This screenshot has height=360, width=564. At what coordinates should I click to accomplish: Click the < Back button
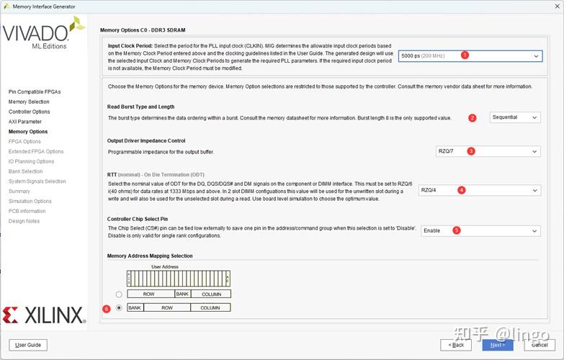(x=457, y=345)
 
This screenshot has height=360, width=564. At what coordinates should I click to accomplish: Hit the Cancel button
(x=540, y=345)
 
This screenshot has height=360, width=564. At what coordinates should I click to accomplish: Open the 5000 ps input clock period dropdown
(x=470, y=55)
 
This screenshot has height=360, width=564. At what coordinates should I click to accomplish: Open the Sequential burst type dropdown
(x=515, y=117)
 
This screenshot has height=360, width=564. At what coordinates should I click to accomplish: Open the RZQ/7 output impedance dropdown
(x=488, y=151)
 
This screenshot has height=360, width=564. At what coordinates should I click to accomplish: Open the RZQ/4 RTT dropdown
(x=479, y=190)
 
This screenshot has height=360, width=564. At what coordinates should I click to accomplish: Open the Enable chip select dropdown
(x=480, y=230)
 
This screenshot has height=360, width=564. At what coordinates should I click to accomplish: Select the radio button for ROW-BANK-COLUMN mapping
(x=119, y=294)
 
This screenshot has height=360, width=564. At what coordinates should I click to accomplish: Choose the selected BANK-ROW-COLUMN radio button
(x=119, y=307)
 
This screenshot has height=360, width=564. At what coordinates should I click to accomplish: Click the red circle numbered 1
(x=465, y=55)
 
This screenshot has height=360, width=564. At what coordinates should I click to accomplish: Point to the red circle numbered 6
(x=107, y=308)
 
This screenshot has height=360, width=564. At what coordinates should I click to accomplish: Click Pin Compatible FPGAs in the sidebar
(x=35, y=92)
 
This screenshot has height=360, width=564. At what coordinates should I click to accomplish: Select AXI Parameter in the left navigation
(x=25, y=122)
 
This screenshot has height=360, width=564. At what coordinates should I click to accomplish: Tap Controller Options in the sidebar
(x=30, y=112)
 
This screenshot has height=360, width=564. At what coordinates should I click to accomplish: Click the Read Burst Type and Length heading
(x=141, y=107)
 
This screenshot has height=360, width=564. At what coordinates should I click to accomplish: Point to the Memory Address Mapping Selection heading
(x=150, y=256)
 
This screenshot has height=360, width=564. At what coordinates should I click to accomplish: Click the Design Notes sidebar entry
(x=25, y=221)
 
